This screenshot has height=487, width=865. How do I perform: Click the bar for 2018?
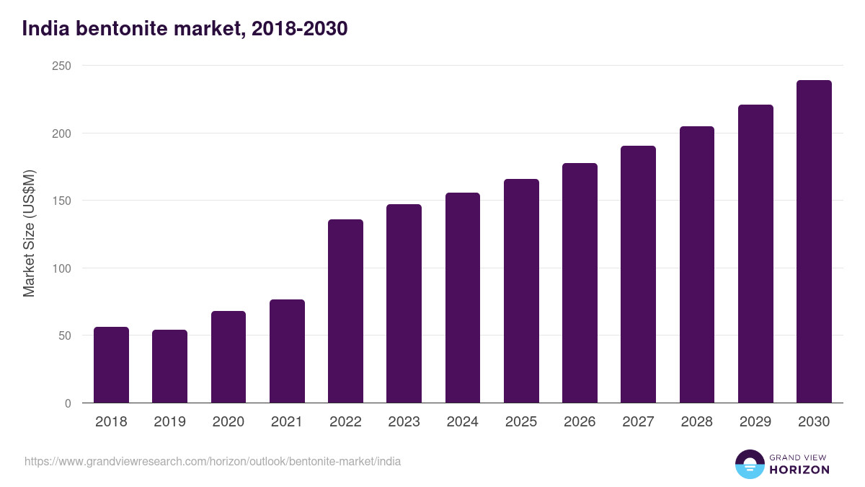coord(111,365)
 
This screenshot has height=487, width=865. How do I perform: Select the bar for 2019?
coord(169,367)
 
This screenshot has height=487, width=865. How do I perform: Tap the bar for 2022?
coord(345,311)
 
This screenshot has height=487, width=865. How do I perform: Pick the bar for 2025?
coord(521,291)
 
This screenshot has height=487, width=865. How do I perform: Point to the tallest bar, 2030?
coord(814,242)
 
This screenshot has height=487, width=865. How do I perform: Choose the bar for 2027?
coord(638,274)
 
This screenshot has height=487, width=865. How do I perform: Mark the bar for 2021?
coord(287,351)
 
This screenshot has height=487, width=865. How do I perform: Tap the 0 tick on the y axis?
coord(68,403)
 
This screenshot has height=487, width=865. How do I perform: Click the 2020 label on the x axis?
coord(228,422)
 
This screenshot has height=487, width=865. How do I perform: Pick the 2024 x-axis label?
coord(462,422)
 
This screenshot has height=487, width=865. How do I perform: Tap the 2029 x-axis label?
coord(755,422)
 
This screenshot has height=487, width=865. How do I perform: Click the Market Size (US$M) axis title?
coord(29,234)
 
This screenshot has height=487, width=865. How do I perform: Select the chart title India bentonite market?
coord(185,29)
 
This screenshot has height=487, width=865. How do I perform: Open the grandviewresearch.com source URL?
coord(213,461)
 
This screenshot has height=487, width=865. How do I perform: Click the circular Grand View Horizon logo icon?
coord(749,464)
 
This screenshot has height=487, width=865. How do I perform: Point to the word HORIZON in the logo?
coord(799,470)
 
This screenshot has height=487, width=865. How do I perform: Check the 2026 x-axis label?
coord(580,422)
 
